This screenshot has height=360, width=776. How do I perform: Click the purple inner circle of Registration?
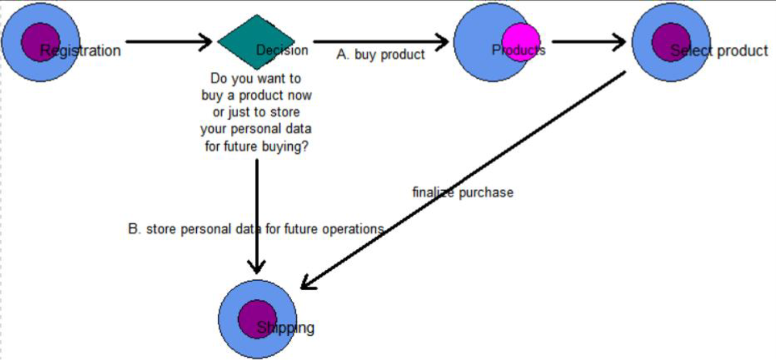(x=40, y=42)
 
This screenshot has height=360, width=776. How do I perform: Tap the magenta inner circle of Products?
(x=520, y=42)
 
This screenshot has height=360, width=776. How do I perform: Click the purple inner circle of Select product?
(x=670, y=42)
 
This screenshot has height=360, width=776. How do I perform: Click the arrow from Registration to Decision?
(x=168, y=41)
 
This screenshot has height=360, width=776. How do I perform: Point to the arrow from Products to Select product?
(x=588, y=41)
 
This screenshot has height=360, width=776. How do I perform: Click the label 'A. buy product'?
(x=380, y=55)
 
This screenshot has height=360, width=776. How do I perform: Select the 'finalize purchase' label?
(x=463, y=193)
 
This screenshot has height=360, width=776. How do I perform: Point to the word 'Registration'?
(x=80, y=50)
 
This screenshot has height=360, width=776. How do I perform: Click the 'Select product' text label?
(x=719, y=50)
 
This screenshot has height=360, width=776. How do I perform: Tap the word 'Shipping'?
(x=285, y=328)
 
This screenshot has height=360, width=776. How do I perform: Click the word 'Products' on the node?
(x=518, y=50)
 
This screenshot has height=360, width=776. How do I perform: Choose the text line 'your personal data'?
(x=256, y=129)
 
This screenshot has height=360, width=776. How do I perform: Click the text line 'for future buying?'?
(x=256, y=146)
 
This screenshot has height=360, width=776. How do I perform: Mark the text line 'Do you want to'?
(x=256, y=79)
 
